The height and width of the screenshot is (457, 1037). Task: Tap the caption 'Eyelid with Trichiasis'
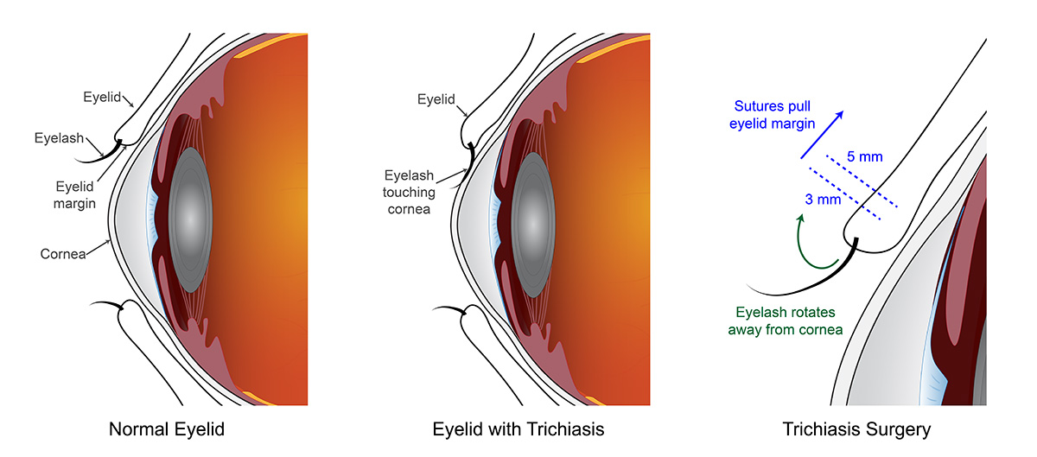518,428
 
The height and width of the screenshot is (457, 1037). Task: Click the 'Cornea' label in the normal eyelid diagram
62,254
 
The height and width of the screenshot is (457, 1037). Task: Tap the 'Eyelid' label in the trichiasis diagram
436,100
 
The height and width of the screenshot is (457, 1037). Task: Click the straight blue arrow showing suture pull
823,135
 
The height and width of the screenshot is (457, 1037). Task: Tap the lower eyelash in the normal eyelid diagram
108,304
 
